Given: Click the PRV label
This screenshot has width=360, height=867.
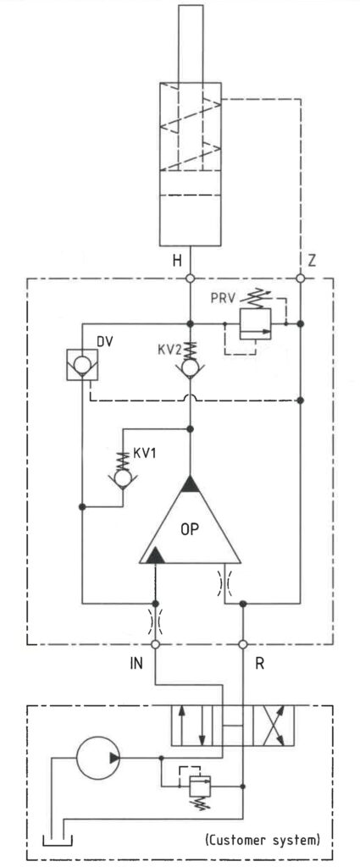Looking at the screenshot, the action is [x=223, y=299].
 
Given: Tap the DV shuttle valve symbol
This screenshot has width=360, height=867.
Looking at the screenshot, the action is [x=82, y=364].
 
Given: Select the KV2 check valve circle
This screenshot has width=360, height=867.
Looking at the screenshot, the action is [x=191, y=369].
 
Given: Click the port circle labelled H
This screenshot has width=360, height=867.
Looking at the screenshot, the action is [x=191, y=278].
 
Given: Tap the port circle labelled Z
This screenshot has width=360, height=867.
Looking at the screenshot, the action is [x=300, y=278].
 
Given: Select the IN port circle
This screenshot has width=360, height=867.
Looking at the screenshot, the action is [x=155, y=644].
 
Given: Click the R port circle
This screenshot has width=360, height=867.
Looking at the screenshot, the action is [x=243, y=644].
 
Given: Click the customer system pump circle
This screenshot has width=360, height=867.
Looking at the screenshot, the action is [x=98, y=758].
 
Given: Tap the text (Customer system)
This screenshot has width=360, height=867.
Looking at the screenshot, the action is [x=263, y=841].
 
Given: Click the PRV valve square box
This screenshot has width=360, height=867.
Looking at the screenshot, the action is [x=255, y=324].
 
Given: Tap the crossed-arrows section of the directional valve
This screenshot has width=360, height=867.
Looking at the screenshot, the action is [x=274, y=726].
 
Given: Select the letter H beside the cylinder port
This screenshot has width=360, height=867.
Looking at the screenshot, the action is [x=176, y=261].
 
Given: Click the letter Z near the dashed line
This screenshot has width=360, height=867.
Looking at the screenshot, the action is [x=312, y=261].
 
